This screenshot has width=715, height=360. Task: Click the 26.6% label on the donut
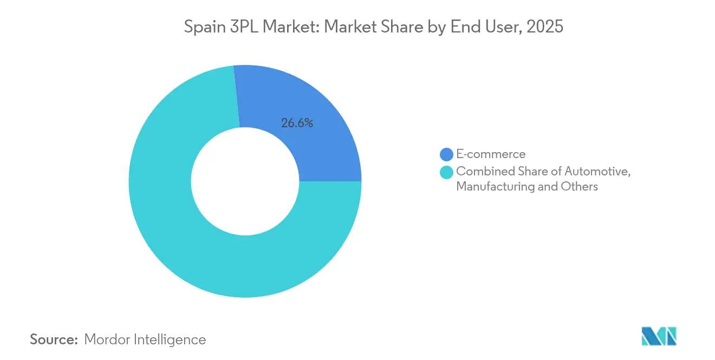point(297,123)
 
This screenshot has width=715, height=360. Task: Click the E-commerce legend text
point(491,154)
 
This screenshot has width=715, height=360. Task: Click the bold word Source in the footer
point(54,339)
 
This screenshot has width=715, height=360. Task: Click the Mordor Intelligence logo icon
point(659,336)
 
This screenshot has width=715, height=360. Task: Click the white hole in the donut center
point(245,181)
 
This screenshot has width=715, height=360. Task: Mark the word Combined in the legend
point(481,172)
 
